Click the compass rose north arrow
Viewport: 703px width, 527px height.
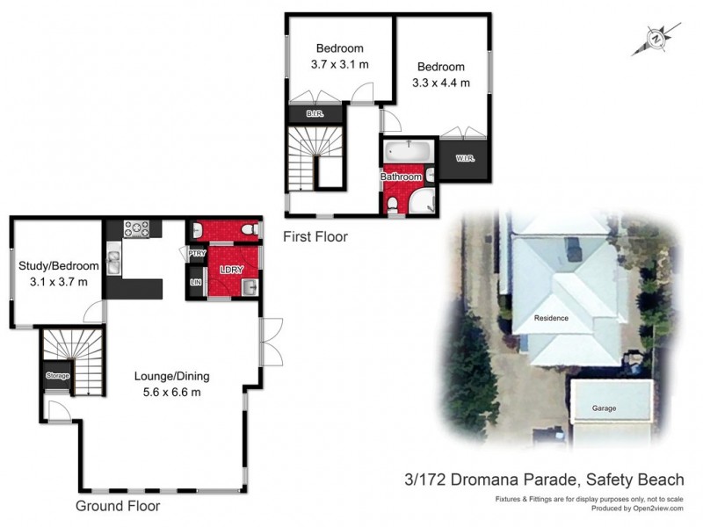tap(656, 39)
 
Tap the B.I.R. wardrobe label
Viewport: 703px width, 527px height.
tap(314, 113)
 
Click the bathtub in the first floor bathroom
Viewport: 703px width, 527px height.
tap(408, 153)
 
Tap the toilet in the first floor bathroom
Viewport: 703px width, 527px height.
tap(392, 206)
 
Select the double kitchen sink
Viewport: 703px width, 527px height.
tap(115, 260)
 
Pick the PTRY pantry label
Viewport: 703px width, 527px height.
tap(195, 255)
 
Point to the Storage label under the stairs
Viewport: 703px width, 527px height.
tap(58, 376)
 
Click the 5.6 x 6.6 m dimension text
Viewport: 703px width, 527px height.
tap(171, 393)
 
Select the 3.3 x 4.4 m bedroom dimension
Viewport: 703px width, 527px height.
tap(441, 83)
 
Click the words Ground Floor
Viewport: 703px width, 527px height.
tap(117, 507)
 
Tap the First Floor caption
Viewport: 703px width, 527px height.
tap(315, 236)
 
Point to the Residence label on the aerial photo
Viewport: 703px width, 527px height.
tap(552, 317)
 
